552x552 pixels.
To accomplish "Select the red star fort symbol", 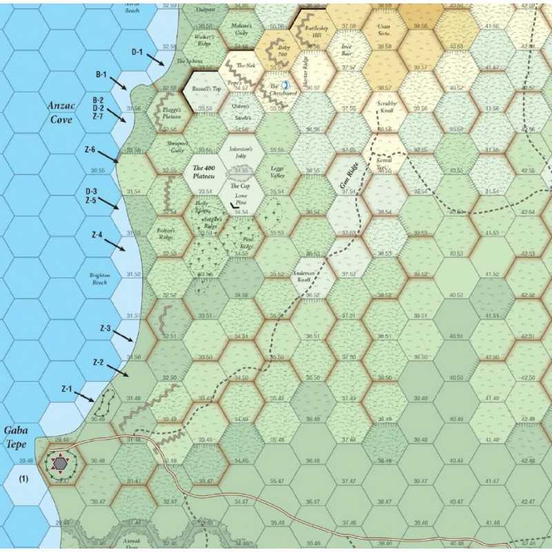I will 61,464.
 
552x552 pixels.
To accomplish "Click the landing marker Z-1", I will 67,390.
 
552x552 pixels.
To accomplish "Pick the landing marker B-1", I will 101,75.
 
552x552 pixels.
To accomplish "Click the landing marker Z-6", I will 89,150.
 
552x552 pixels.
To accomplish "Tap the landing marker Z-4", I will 97,235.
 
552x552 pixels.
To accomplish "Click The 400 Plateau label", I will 205,172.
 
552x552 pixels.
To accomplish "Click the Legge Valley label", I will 277,172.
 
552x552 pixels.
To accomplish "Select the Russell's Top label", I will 205,88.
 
